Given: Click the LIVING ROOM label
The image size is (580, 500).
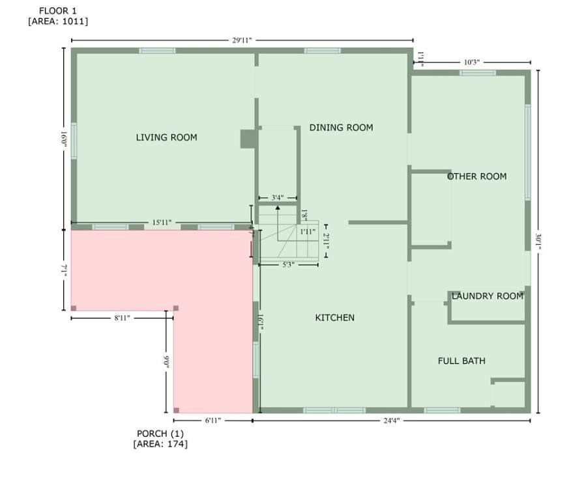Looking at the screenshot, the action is click(166, 137).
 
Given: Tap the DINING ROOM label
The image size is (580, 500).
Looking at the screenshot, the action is click(341, 128).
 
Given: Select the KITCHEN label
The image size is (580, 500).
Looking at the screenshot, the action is click(335, 318).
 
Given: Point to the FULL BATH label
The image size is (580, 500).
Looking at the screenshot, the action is click(461, 361).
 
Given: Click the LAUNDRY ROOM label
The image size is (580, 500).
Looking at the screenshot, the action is click(487, 296).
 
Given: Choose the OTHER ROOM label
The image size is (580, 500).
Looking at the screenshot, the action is click(477, 176).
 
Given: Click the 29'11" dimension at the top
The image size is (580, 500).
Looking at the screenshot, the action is click(242, 40).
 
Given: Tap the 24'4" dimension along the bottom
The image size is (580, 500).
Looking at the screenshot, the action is click(392, 421).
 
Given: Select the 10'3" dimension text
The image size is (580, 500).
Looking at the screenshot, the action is click(472, 62).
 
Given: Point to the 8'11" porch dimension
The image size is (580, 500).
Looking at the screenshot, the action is click(122, 318).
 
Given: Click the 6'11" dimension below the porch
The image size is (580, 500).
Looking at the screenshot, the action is click(212, 421).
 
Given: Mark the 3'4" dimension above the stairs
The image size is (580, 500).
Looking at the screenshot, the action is click(278, 198).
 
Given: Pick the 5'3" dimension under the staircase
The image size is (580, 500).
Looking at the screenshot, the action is click(289, 264).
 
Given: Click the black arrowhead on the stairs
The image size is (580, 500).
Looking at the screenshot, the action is click(278, 208).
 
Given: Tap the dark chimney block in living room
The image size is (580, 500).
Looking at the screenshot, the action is click(248, 139).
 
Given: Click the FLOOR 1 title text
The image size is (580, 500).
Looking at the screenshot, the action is click(58, 11).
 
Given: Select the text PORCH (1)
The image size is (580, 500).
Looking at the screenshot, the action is click(160, 434).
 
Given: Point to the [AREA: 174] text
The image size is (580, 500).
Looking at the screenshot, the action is click(160, 443).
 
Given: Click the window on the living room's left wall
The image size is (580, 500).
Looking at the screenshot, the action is click(74, 141).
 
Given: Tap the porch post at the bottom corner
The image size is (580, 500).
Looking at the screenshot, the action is click(176, 410).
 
